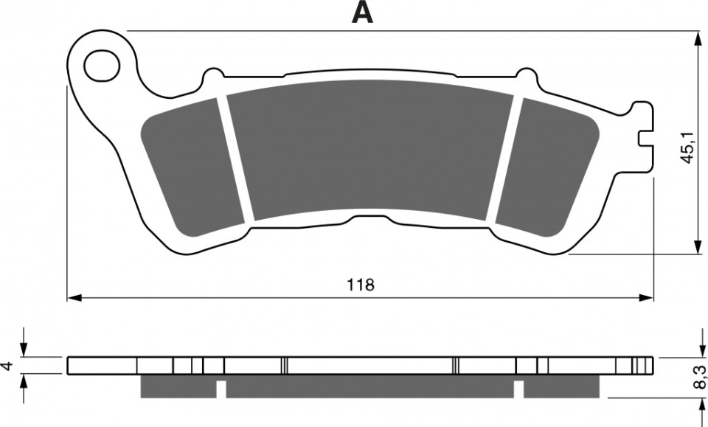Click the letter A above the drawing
(362, 13)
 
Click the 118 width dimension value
(361, 285)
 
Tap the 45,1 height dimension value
(687, 147)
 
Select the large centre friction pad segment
(371, 150)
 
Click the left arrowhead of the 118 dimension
(74, 298)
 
